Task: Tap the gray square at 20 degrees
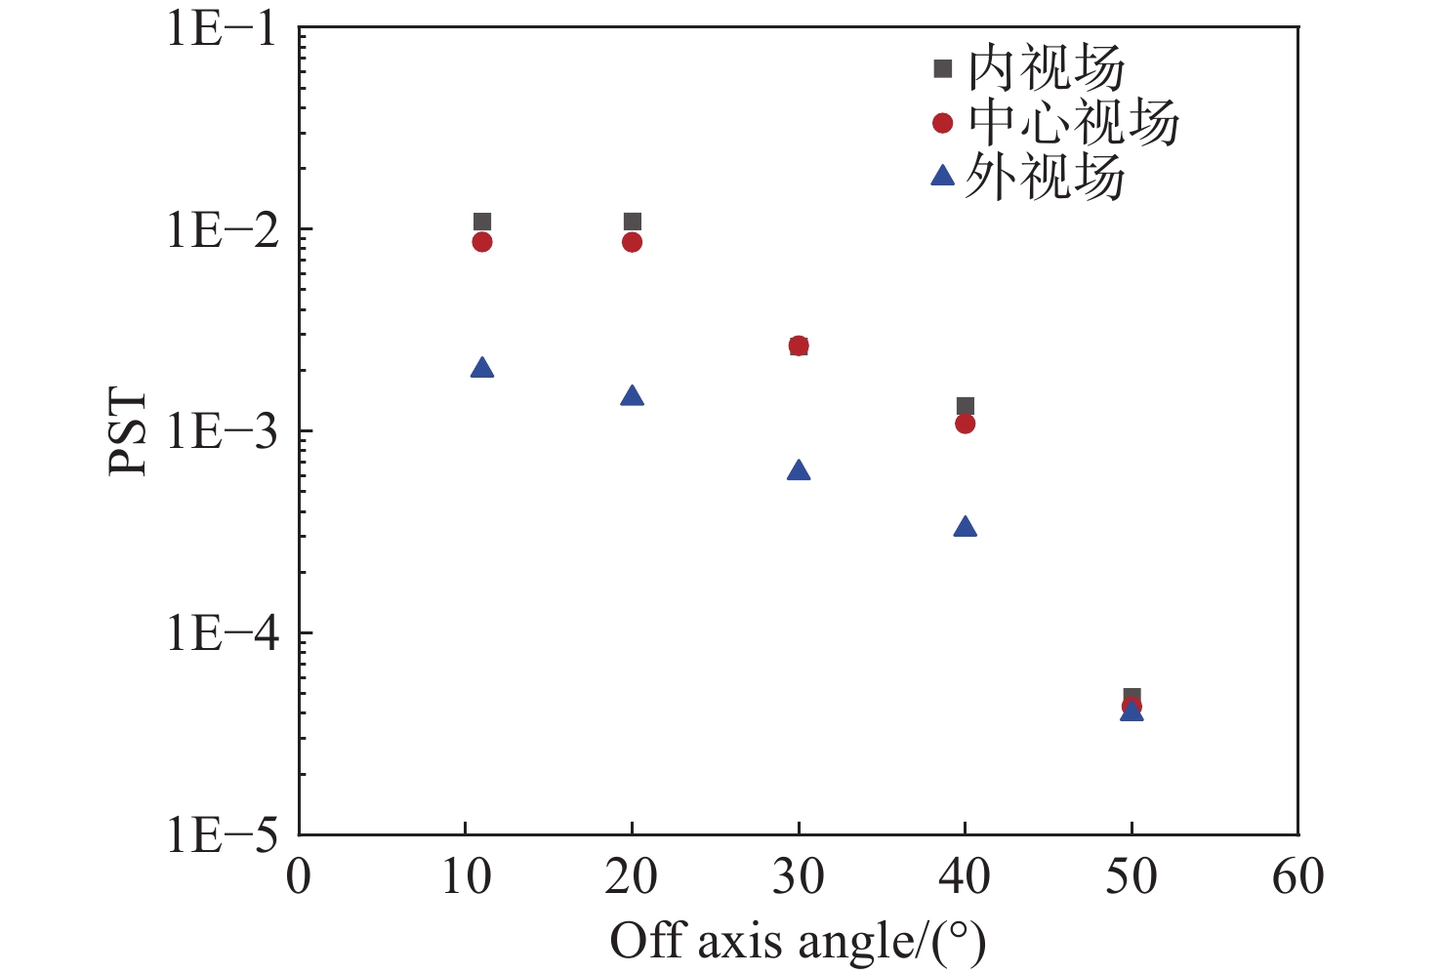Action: (632, 223)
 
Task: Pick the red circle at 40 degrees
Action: (965, 424)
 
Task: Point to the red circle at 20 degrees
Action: (632, 242)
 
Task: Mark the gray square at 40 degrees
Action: (965, 406)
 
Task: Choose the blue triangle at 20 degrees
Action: (632, 396)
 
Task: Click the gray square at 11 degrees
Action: (482, 223)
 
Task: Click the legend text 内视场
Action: (1046, 68)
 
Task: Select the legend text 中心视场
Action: (1073, 123)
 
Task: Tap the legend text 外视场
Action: (1046, 178)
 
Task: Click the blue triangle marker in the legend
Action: (942, 177)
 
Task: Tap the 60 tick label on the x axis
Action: (1297, 876)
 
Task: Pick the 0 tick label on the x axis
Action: (299, 876)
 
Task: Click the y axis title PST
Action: (128, 432)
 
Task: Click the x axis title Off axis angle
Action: (797, 942)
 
